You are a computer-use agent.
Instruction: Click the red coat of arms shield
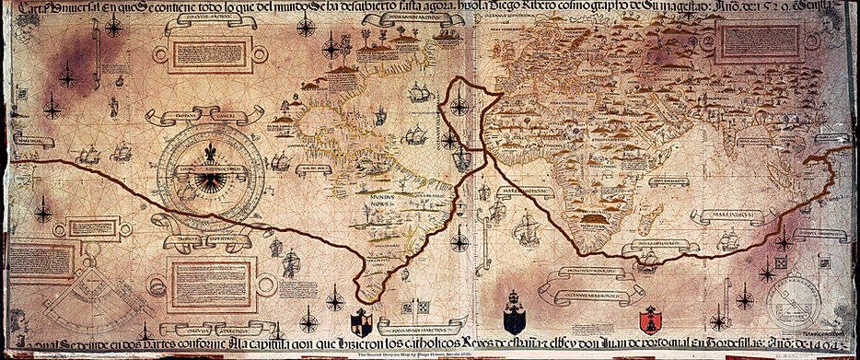(x=652, y=319)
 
